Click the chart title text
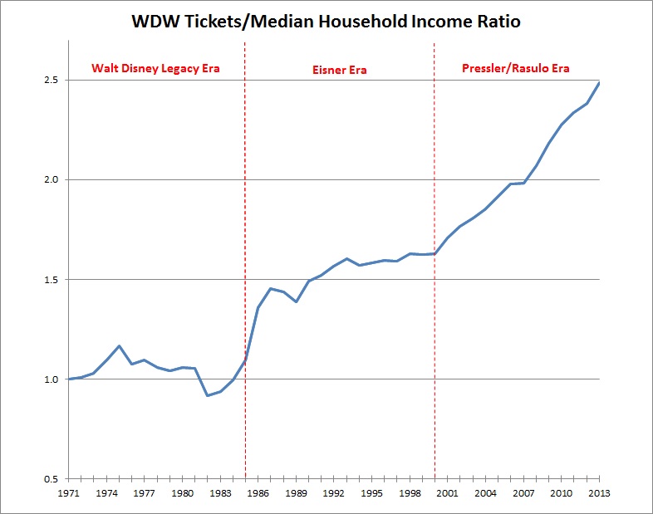click(326, 22)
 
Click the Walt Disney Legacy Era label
click(155, 68)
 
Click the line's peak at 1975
click(120, 345)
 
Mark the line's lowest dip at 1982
click(208, 395)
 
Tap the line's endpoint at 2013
click(600, 82)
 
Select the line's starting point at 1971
click(69, 379)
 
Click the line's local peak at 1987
click(271, 288)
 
